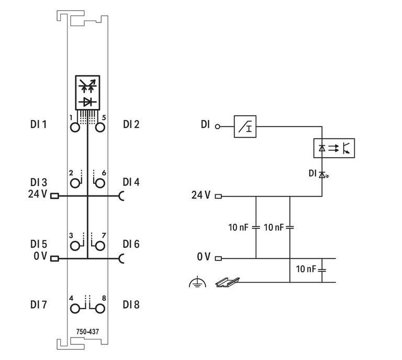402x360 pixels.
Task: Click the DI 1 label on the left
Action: point(39,125)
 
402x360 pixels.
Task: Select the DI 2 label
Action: point(131,125)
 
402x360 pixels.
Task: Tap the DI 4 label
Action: point(131,182)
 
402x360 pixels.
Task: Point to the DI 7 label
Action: point(39,304)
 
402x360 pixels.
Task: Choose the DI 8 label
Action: point(131,304)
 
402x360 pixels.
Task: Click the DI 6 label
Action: point(131,244)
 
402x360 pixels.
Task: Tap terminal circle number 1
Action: point(76,127)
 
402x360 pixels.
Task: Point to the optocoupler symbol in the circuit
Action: point(333,148)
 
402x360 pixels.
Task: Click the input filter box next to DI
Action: point(245,126)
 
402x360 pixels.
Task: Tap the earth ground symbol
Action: point(197,282)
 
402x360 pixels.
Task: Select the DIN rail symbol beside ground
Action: point(227,282)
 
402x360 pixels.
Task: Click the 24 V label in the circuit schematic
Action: point(200,195)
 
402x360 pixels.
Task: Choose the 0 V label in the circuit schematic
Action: point(203,257)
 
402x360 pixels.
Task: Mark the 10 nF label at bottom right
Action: point(306,269)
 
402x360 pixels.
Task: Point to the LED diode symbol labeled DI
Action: point(322,173)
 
